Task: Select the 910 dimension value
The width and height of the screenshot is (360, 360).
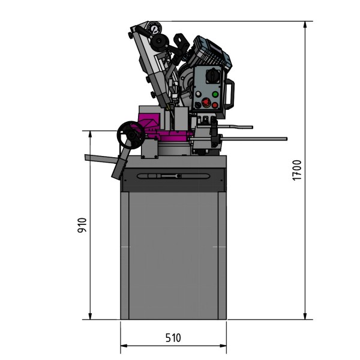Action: point(83,225)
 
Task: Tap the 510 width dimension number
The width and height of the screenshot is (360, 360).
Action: point(173,338)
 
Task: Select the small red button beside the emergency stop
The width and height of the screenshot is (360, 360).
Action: point(215,104)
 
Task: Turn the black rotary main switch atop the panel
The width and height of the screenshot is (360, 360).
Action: point(214,76)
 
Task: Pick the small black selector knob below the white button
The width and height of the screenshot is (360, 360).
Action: point(197,105)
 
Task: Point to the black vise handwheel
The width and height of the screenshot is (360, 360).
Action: point(130,135)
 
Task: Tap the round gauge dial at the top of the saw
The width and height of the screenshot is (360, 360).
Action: point(154,29)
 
